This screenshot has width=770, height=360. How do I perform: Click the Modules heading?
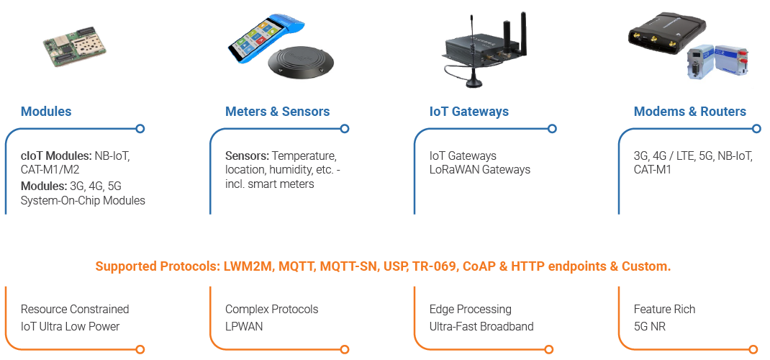click(x=46, y=112)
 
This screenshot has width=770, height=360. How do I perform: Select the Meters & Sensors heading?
click(x=277, y=112)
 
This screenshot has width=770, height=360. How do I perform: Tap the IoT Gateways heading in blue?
click(x=468, y=112)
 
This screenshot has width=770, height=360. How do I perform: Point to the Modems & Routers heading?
click(x=689, y=112)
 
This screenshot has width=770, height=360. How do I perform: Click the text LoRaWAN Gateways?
click(x=480, y=170)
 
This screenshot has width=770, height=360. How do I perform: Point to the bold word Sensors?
click(x=246, y=156)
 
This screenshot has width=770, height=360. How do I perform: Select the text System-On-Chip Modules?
click(x=83, y=200)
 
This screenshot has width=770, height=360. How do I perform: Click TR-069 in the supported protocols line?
click(x=434, y=266)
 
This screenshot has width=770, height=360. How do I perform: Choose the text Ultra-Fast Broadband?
click(x=481, y=326)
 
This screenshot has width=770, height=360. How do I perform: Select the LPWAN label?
click(x=244, y=326)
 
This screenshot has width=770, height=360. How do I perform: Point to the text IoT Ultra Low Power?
click(x=70, y=326)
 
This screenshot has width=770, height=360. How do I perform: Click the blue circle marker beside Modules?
click(x=140, y=129)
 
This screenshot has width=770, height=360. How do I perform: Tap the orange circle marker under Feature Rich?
click(x=756, y=350)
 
